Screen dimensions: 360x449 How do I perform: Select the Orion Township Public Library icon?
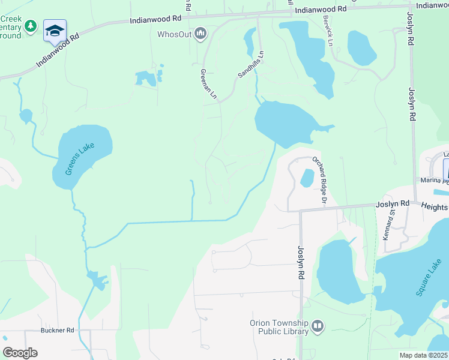click(318, 326)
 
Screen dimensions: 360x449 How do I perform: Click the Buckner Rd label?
click(57, 330)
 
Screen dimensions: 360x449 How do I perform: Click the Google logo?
click(20, 353)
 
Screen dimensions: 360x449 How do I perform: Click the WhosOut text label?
click(174, 34)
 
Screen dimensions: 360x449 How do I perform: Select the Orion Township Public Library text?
click(279, 326)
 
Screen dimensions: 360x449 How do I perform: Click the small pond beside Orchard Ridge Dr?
click(306, 178)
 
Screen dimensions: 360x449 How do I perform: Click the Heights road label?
click(435, 206)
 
